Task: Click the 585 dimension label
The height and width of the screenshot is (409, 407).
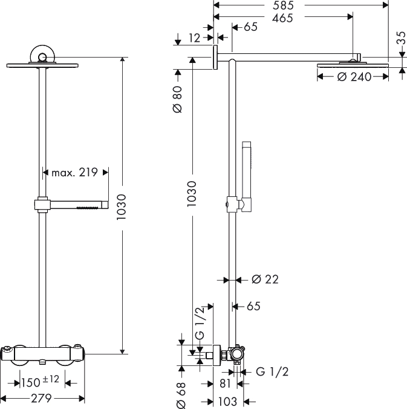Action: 283,5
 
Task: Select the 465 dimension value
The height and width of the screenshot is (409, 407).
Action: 282,18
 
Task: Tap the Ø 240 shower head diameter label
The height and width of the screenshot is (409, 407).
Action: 354,77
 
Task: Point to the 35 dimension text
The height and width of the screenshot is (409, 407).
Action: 402,38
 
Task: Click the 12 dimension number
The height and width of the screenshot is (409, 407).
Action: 195,38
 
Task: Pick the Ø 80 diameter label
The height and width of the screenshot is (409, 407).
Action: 178,99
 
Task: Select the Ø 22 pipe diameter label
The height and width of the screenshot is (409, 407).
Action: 265,279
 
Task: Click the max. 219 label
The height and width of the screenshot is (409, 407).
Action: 74,172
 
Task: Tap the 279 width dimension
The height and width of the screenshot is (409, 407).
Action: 41,398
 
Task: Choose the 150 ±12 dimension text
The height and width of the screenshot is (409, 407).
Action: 40,381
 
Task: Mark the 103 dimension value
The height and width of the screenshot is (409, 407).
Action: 227,402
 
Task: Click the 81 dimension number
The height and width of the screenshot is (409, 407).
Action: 225,384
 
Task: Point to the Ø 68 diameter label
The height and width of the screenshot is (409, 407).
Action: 181,395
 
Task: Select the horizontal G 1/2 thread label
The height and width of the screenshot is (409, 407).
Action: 272,371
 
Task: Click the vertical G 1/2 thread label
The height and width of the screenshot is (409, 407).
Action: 200,324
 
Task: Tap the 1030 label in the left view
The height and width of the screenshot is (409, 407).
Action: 122,207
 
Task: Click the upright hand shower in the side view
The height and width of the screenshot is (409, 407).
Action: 247,176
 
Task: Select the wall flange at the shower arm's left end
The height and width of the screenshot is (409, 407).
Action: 215,57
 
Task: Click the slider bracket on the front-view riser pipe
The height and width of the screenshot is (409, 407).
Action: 42,205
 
